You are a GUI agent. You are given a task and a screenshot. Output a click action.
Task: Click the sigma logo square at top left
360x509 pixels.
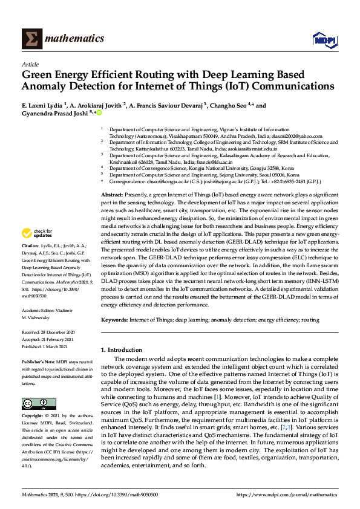click(31, 39)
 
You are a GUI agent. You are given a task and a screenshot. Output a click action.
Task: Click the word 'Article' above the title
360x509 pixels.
click(30, 63)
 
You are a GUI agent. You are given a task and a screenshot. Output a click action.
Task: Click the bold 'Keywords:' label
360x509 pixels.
click(114, 319)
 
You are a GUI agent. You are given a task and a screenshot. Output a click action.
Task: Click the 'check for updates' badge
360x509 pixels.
click(38, 251)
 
